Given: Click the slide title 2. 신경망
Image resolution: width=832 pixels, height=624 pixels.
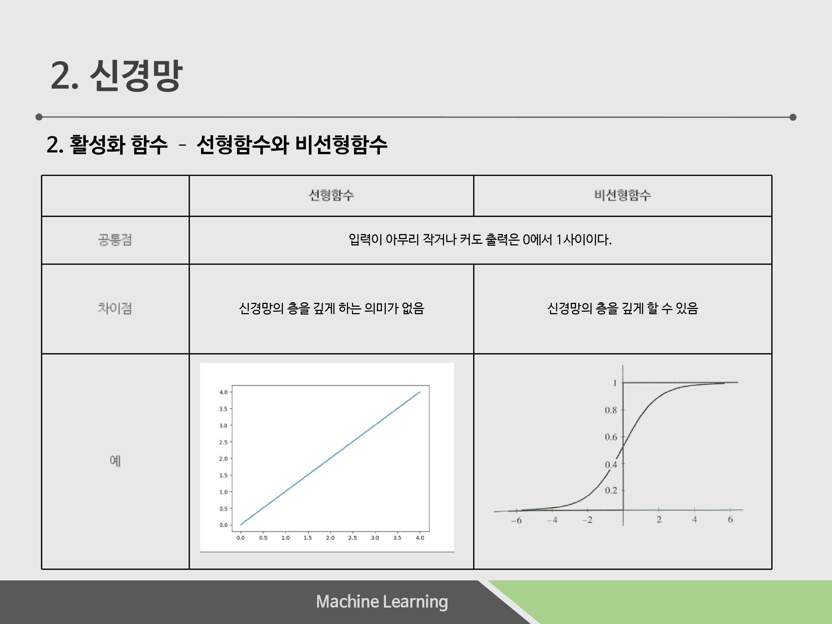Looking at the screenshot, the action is tap(116, 75).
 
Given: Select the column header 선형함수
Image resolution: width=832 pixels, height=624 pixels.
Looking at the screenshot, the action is tap(331, 195).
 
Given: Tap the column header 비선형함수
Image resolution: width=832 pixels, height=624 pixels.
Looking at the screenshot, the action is tap(623, 195).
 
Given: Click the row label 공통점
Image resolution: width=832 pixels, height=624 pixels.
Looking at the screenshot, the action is tap(115, 240).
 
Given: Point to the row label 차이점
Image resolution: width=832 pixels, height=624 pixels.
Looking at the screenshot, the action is tap(115, 308).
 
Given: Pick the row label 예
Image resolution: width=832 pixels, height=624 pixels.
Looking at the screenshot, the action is tap(115, 460).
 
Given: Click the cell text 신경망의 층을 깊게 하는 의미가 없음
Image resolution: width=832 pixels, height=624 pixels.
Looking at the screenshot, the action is tap(331, 308).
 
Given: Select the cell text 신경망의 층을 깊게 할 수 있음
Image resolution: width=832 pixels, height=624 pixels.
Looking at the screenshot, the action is tap(623, 308).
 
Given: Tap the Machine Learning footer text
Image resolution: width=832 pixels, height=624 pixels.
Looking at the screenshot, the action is tap(382, 602).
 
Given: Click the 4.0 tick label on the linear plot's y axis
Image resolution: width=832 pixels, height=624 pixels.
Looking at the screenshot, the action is tap(224, 392).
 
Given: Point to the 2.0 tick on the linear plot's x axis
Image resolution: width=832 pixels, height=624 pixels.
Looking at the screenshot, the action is tap(330, 538).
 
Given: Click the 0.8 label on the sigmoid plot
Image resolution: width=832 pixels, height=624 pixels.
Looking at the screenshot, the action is tap(611, 410).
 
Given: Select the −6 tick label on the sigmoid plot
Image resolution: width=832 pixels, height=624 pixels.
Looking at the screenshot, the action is tap(516, 520).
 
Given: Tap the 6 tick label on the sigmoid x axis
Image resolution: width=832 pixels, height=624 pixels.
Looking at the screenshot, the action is tap(730, 519).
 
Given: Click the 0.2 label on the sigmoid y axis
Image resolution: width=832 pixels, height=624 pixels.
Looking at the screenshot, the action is tap(611, 491).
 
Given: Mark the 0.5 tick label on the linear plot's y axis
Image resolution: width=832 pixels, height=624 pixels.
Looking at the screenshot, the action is tap(224, 509).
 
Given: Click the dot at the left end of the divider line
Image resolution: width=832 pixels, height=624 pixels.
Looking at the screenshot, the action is tap(39, 117).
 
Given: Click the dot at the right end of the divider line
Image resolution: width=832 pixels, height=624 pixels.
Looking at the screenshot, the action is tap(793, 117).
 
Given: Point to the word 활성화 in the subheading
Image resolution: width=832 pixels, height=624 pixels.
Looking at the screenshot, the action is tap(97, 144).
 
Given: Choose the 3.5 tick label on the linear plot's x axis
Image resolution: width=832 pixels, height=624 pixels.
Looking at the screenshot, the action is tap(397, 538).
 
